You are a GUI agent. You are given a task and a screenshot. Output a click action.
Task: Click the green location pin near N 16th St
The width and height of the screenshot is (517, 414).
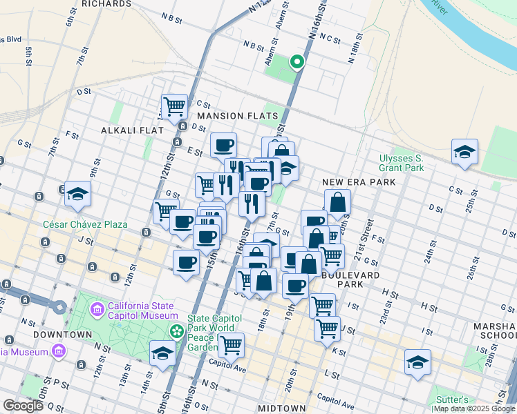pyautogui.click(x=297, y=63)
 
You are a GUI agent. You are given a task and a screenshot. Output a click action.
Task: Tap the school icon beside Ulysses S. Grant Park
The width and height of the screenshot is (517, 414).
pyautogui.click(x=464, y=152)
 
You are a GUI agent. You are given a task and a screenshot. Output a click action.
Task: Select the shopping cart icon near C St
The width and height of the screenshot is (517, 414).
pyautogui.click(x=174, y=106)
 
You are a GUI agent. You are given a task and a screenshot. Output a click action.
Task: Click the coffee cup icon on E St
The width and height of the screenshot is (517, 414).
pyautogui.click(x=223, y=146)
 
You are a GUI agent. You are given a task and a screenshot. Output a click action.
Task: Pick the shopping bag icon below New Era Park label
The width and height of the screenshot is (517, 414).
pyautogui.click(x=337, y=203)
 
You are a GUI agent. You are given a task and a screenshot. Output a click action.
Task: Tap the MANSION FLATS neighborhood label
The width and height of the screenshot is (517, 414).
pyautogui.click(x=238, y=116)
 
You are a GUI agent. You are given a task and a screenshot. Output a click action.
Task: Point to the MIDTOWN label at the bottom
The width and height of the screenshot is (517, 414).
pyautogui.click(x=281, y=408)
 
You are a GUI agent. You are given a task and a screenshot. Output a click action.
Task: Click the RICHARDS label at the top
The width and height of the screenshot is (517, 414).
pyautogui.click(x=106, y=4)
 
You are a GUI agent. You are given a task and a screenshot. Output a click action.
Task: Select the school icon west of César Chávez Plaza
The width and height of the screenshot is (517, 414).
pyautogui.click(x=78, y=195)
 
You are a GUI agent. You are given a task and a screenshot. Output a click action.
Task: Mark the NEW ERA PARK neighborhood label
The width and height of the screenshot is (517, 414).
pyautogui.click(x=359, y=182)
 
